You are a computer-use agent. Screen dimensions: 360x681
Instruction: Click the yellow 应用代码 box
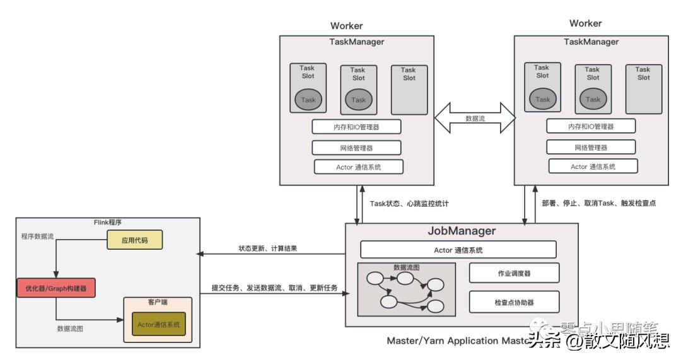tap(134, 240)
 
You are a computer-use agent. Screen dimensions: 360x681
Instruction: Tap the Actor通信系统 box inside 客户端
tap(158, 325)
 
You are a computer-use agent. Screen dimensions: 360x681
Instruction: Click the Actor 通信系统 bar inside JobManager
tap(458, 250)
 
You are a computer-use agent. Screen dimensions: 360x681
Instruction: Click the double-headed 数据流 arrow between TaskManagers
tap(475, 118)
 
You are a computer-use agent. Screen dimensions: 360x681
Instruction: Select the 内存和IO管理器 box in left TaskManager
tap(357, 126)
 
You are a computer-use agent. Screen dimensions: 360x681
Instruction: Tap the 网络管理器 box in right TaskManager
tap(591, 148)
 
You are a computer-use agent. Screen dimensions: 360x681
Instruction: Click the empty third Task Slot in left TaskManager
tap(409, 89)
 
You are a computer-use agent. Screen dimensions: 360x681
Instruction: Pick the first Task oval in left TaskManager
tap(308, 100)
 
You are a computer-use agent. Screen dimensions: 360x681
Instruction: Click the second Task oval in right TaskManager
tap(593, 99)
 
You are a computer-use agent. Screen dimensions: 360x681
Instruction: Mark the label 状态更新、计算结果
tap(267, 248)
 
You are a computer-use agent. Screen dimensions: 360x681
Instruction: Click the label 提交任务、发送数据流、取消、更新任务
tap(274, 288)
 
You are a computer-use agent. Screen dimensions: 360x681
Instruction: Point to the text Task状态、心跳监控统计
tap(409, 204)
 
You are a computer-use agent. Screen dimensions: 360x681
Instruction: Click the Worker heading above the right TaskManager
tap(585, 23)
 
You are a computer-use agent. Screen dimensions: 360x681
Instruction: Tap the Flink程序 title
tap(109, 223)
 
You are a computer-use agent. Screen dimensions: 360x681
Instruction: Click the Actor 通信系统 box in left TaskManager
tap(358, 167)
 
